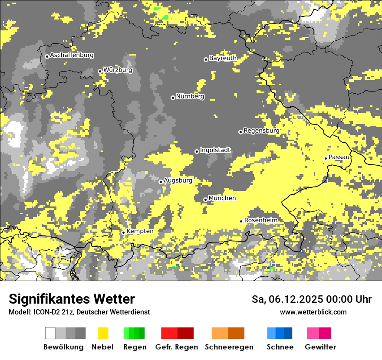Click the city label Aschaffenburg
point(72,55)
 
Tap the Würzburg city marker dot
point(100,71)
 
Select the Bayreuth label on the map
point(223,58)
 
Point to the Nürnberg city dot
point(173,98)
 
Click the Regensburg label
point(261,131)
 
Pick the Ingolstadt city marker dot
point(197,151)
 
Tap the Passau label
point(339,157)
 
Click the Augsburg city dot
point(161,182)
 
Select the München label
point(222,198)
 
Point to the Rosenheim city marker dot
point(241,221)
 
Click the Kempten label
point(140,231)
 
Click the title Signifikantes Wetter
point(72,299)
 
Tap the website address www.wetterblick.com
point(313,312)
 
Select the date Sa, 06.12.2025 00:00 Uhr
point(312,299)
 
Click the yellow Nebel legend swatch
point(103,333)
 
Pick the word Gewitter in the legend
point(320,347)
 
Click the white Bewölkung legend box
point(50,333)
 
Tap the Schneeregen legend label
point(229,347)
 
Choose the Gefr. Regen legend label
point(177,347)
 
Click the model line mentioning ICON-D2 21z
point(79,312)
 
